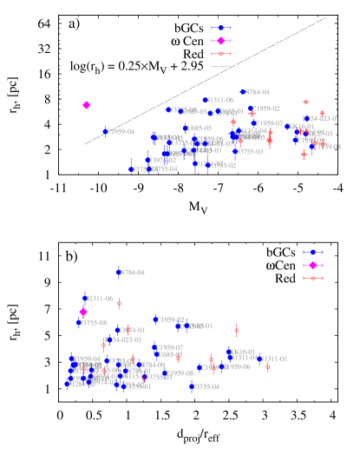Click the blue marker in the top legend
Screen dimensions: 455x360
(x=220, y=28)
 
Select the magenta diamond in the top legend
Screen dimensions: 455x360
(x=220, y=41)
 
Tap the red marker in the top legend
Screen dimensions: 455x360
(x=220, y=54)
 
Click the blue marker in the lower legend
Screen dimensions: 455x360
(x=312, y=252)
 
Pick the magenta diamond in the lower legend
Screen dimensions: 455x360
(x=312, y=265)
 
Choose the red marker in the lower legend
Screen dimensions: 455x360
(x=312, y=278)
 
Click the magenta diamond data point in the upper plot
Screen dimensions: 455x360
(x=87, y=105)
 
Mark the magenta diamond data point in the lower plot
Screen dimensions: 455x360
(x=83, y=311)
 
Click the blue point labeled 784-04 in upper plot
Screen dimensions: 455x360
(x=243, y=92)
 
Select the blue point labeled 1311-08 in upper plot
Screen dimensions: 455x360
(x=206, y=101)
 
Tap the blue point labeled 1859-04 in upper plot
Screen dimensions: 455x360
(x=106, y=132)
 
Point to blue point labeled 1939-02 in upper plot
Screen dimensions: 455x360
(x=252, y=109)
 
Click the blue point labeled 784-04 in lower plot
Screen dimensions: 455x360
(x=119, y=273)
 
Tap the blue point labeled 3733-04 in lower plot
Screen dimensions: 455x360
(x=192, y=386)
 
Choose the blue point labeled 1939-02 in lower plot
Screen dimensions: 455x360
(x=156, y=320)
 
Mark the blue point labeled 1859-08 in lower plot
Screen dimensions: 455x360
(x=167, y=373)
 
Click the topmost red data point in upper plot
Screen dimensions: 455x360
(x=305, y=102)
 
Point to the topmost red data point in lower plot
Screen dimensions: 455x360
(x=119, y=304)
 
